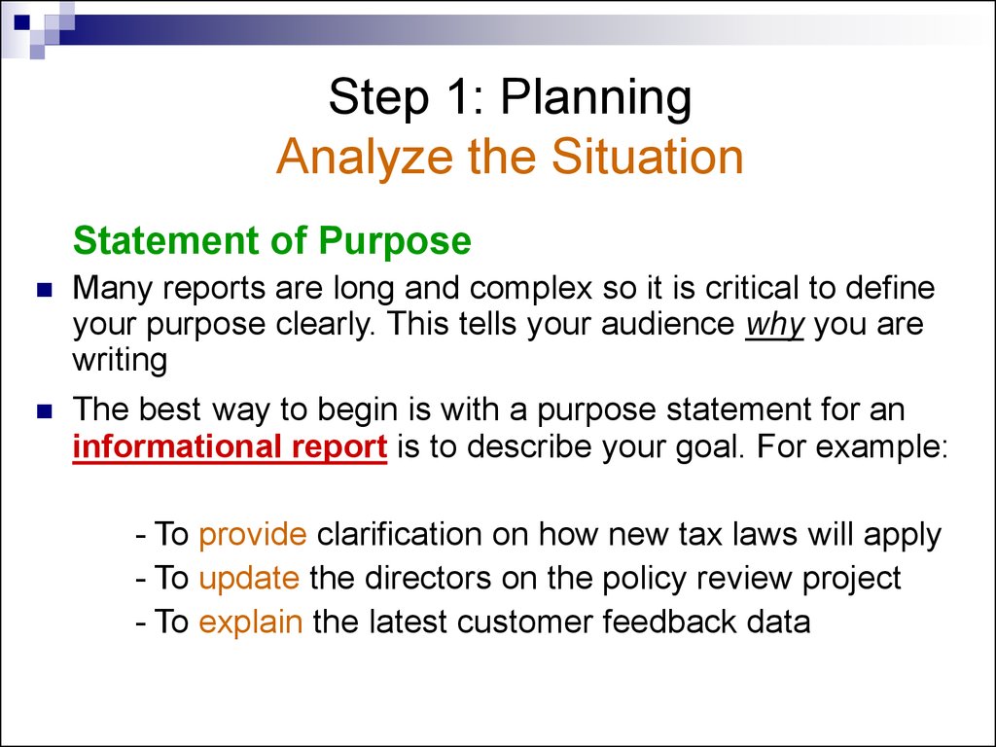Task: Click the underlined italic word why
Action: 774,324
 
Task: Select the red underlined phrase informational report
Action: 231,446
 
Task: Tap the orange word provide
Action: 253,534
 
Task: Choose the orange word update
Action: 249,578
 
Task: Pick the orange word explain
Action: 251,622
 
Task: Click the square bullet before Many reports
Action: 44,290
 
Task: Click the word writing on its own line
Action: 120,361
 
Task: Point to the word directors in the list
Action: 418,578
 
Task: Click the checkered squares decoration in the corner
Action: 37,23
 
